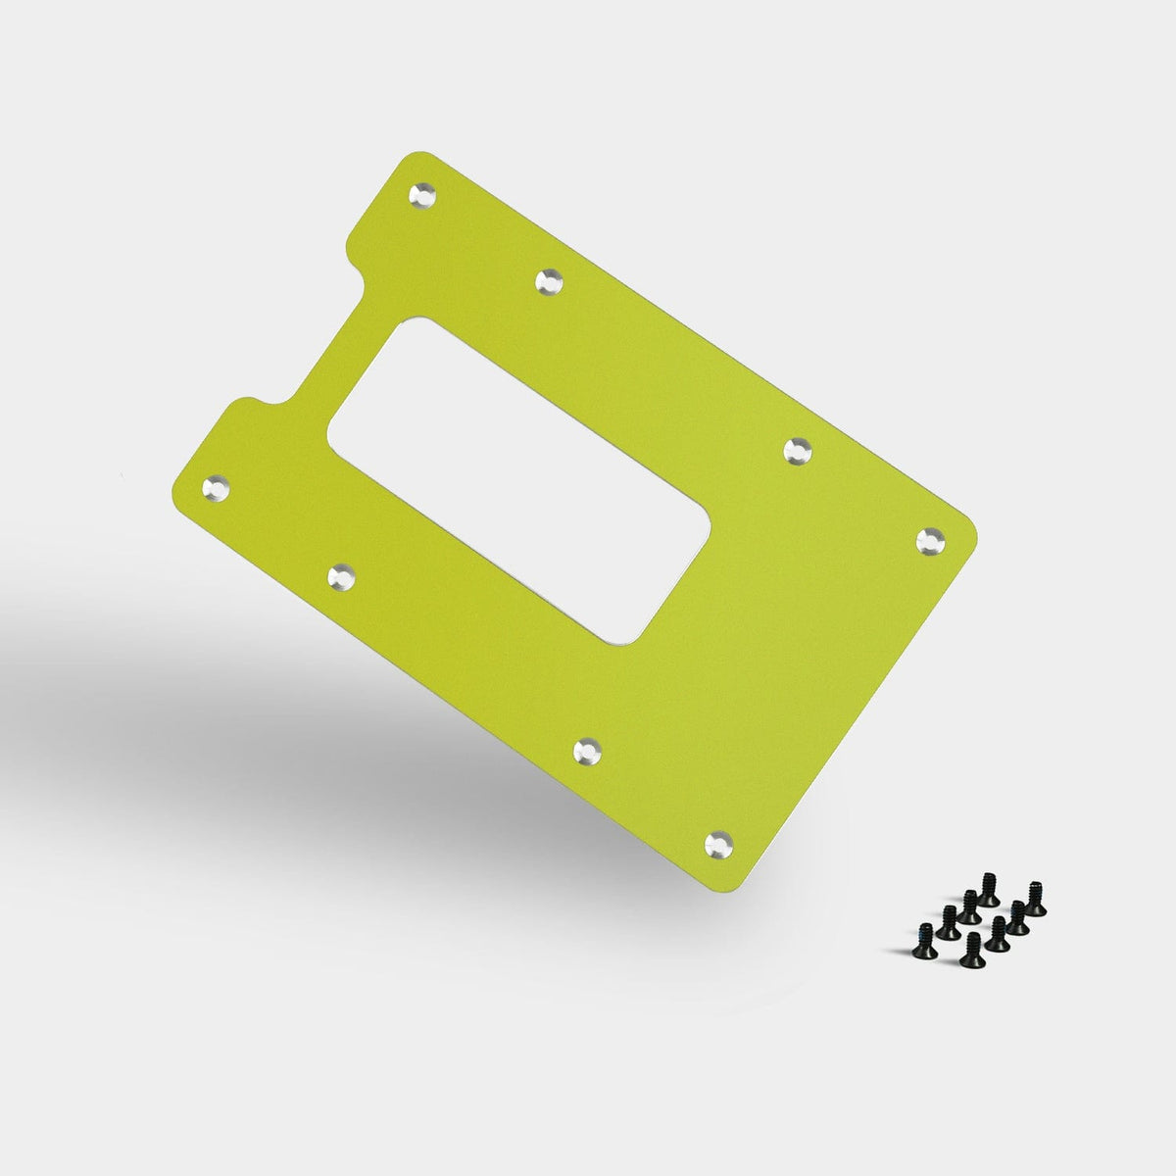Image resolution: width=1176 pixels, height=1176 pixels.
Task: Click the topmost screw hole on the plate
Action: [423, 194]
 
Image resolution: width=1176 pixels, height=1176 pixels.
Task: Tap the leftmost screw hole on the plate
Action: [214, 487]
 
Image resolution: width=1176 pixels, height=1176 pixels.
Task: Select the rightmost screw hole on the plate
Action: [930, 539]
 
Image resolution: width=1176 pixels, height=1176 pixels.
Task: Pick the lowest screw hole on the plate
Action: [720, 842]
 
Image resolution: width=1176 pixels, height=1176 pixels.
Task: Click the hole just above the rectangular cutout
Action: [551, 282]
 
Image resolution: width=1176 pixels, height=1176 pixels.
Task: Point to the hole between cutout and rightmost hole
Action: [800, 450]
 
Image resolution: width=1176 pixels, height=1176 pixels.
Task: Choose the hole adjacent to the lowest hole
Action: [588, 751]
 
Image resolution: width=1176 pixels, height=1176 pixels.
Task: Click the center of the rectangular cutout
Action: [519, 481]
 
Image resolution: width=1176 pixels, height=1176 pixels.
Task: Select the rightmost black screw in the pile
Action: [1035, 900]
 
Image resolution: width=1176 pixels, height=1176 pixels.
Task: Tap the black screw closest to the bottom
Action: [971, 951]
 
